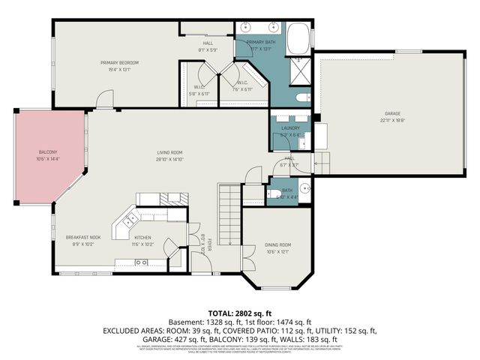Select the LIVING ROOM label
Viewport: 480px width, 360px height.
(169, 152)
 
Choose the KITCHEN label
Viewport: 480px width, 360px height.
(142, 237)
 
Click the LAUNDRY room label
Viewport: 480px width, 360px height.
(290, 128)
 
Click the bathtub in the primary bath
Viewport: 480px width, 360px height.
(298, 37)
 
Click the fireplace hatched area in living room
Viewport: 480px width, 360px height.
(172, 199)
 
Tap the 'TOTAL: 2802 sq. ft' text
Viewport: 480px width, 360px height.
(239, 311)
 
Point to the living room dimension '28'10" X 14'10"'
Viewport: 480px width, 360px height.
(169, 158)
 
